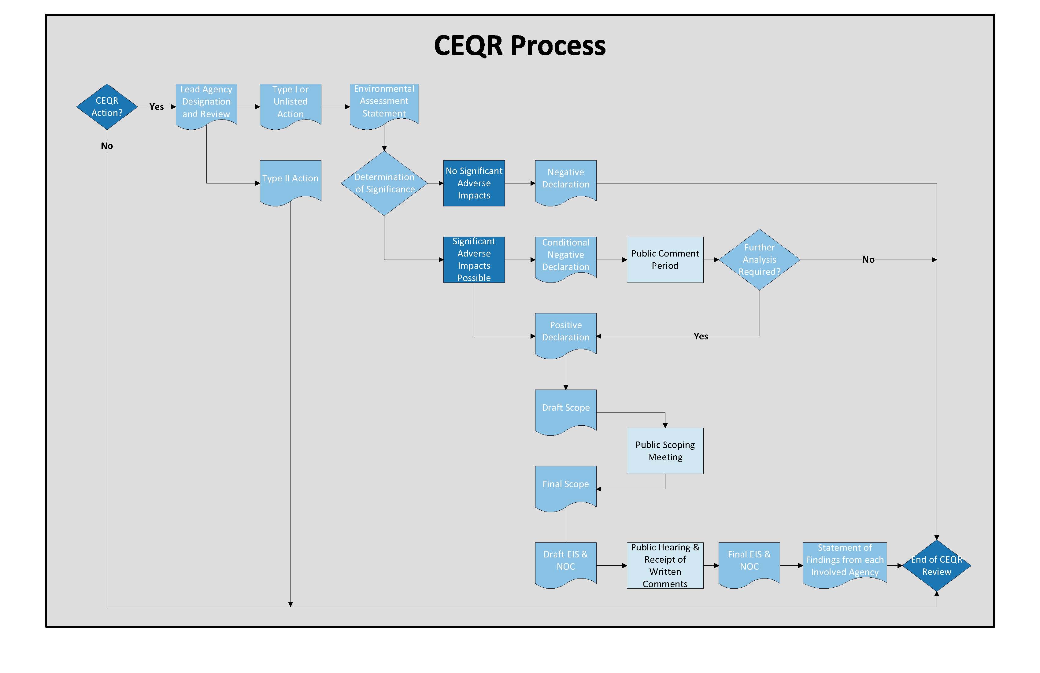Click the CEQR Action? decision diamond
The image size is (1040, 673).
point(107,107)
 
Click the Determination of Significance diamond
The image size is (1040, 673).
point(384,183)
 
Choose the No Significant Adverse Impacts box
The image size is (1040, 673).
point(474,183)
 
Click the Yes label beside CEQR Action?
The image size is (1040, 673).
point(157,107)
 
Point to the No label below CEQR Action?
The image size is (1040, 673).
point(107,146)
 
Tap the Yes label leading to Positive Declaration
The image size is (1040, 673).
point(701,336)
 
